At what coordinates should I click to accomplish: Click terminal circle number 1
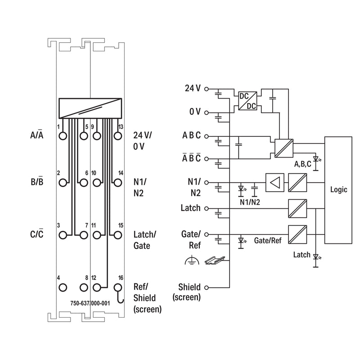(63, 136)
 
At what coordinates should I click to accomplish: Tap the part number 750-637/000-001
(90, 303)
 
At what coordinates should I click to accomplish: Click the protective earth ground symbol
(192, 261)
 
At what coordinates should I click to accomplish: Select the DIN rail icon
(215, 261)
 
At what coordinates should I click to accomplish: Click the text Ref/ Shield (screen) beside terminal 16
(148, 298)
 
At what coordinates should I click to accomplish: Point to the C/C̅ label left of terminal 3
(37, 234)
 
